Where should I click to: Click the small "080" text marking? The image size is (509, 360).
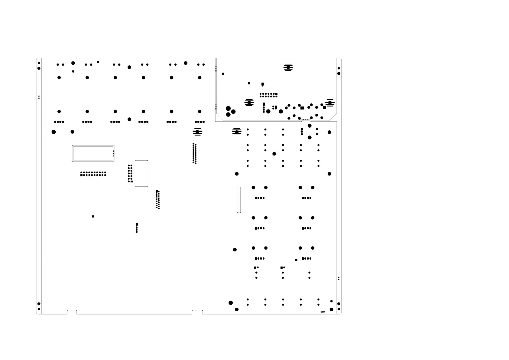[x=322, y=312]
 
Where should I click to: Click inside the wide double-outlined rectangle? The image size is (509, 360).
[x=93, y=153]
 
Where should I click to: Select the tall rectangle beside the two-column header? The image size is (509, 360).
[x=141, y=173]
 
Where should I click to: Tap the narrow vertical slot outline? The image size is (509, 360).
[x=238, y=200]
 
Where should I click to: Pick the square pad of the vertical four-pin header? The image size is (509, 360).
[x=137, y=224]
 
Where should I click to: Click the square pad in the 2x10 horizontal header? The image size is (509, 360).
[x=81, y=175]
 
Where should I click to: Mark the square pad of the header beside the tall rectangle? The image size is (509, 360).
[x=131, y=182]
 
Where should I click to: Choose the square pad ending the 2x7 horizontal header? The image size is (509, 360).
[x=276, y=94]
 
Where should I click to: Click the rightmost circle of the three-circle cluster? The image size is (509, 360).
[x=233, y=112]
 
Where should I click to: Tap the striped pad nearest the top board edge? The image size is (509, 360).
[x=288, y=67]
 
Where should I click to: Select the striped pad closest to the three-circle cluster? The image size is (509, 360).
[x=249, y=103]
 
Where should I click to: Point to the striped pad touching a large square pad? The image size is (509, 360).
[x=329, y=103]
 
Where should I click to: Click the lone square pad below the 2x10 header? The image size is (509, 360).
[x=93, y=217]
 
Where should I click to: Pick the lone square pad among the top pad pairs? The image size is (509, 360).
[x=98, y=62]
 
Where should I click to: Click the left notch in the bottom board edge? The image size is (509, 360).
[x=72, y=312]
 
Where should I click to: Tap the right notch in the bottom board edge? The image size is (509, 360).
[x=197, y=312]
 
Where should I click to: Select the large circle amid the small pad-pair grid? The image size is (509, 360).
[x=274, y=154]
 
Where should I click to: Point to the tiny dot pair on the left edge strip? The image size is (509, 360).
[x=39, y=97]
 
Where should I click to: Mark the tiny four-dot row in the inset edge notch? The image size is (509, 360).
[x=306, y=120]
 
